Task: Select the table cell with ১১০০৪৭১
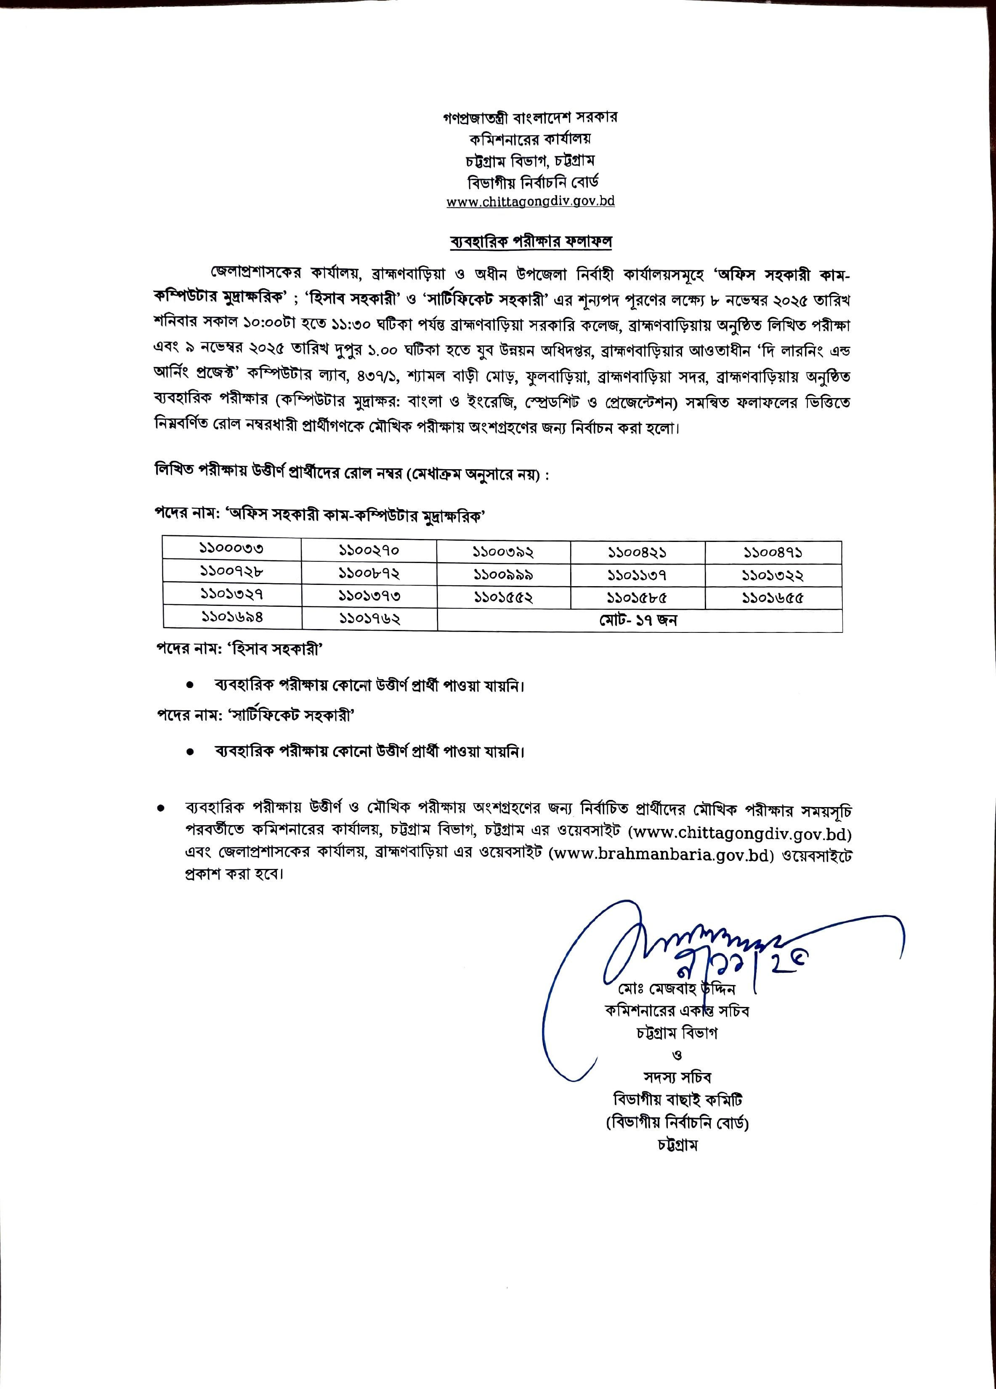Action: coord(773,552)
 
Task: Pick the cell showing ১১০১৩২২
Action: coord(773,576)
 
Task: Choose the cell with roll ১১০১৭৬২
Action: coord(369,619)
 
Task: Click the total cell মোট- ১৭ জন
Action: coord(638,620)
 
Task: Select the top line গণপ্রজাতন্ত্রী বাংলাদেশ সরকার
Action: coord(531,117)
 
